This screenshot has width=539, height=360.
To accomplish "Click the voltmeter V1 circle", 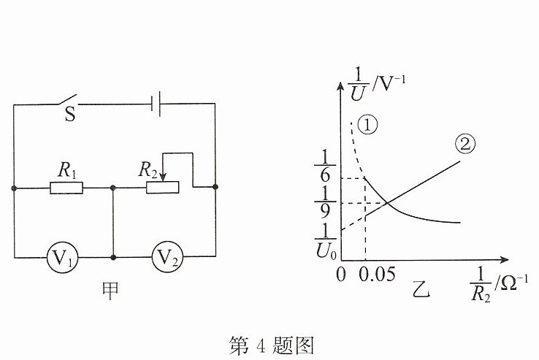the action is point(62,257).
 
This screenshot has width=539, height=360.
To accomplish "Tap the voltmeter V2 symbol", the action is point(167,257).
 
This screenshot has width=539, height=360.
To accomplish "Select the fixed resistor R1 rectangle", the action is point(66,188).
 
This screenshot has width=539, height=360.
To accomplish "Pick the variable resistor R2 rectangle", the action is point(163,188).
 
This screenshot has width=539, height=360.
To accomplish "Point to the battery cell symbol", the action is point(156,104).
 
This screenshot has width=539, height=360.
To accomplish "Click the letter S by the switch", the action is point(70,114).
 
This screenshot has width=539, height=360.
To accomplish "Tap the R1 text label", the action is point(66,170).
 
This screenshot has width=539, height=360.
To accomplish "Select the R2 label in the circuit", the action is point(148,170).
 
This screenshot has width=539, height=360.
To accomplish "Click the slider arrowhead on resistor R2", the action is point(163,177).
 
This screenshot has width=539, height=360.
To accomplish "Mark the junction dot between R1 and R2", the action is point(112,188).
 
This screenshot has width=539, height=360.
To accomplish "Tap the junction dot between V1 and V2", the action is point(113,257).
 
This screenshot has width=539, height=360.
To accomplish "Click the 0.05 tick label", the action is point(377,275).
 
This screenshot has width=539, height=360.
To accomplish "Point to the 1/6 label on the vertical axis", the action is point(325,166).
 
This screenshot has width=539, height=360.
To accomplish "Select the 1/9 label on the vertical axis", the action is point(325,203).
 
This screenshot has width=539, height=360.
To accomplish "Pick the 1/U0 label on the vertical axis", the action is point(326,241).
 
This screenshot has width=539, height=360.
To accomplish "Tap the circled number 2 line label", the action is point(465,144).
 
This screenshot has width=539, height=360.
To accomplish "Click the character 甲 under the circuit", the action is point(111,291).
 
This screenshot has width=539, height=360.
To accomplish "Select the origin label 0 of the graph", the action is point(341,275).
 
